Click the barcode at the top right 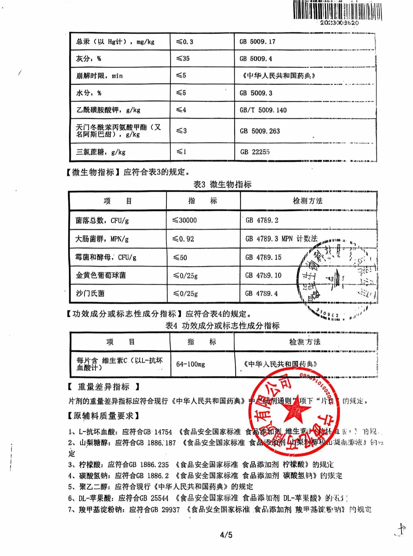click(337, 11)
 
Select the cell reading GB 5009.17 click(257, 42)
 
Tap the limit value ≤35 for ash click(183, 59)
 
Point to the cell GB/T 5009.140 click(263, 110)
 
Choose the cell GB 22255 click(255, 152)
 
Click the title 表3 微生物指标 click(222, 184)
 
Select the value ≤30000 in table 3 click(185, 220)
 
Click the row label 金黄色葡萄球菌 click(101, 275)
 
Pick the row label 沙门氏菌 click(90, 293)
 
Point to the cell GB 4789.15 click(263, 257)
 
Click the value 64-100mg click(190, 364)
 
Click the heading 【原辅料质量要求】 click(103, 416)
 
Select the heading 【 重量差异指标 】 click(103, 387)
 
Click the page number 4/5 click(226, 535)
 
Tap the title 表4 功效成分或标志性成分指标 click(222, 326)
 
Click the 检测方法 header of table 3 click(307, 201)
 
